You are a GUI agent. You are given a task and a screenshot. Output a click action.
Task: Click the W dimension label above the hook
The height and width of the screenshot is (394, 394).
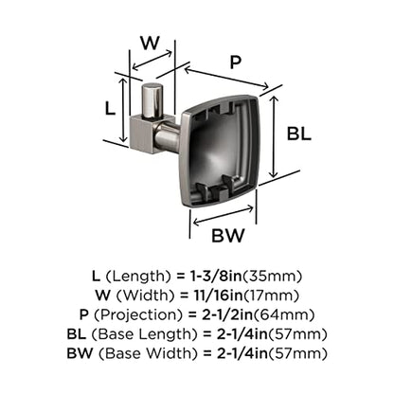coord(150,43)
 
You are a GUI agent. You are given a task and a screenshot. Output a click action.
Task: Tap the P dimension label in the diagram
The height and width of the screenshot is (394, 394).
coord(236,62)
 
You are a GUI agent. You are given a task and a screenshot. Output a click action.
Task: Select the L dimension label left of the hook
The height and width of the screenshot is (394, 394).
coord(110,109)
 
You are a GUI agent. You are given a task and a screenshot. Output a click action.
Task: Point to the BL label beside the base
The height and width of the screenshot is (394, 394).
coord(298,134)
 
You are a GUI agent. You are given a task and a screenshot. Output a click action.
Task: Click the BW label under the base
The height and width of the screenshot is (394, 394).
coord(228,235)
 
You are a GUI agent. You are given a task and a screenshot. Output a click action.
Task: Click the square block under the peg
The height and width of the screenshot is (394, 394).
coord(144,134)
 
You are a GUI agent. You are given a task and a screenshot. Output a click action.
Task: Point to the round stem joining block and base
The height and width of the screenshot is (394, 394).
coord(168,136)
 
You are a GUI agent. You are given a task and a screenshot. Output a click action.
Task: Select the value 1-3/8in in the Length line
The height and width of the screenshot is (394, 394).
coord(215,277)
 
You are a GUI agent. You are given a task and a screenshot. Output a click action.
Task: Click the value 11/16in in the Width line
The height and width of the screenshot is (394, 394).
coord(218,295)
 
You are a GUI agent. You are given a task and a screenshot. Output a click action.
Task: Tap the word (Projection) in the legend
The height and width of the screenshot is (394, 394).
coord(139,315)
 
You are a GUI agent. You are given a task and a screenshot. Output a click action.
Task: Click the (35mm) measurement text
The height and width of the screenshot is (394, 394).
coord(272,277)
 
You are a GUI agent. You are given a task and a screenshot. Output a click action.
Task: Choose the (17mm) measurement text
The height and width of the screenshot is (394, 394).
coord(271,295)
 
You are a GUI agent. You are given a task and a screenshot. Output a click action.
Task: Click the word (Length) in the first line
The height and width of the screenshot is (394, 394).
coord(137,277)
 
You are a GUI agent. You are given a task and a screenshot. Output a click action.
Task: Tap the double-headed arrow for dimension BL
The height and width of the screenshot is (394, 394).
coord(274,136)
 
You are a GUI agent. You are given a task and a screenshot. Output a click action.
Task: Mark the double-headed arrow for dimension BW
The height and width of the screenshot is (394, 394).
coord(224,215)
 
